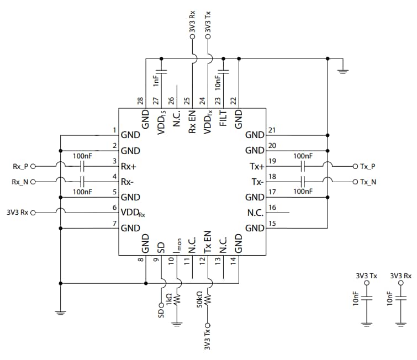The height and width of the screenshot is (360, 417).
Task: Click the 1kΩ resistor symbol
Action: (x=177, y=299)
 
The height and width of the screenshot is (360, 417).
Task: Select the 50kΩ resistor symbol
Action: (x=208, y=299)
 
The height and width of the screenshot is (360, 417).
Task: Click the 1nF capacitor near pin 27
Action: (x=161, y=71)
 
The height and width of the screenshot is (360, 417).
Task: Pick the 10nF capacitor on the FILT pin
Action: (x=224, y=71)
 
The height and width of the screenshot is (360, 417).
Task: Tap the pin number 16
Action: (x=271, y=208)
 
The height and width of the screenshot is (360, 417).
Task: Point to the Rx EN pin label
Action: (x=192, y=121)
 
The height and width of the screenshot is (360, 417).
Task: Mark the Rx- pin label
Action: (x=131, y=181)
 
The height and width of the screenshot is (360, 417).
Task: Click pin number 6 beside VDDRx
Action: (x=114, y=208)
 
